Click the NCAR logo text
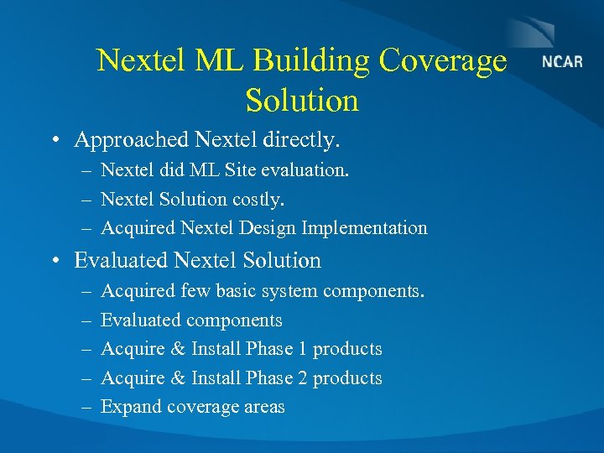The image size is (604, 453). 562,62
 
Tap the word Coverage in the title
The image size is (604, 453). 443,60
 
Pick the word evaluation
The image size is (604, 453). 306,170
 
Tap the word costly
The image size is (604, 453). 258,200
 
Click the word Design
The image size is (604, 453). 268,228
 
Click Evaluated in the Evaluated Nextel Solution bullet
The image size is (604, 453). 119,261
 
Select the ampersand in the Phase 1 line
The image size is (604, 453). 178,349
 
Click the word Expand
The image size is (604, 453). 131,408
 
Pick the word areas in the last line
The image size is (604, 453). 265,408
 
